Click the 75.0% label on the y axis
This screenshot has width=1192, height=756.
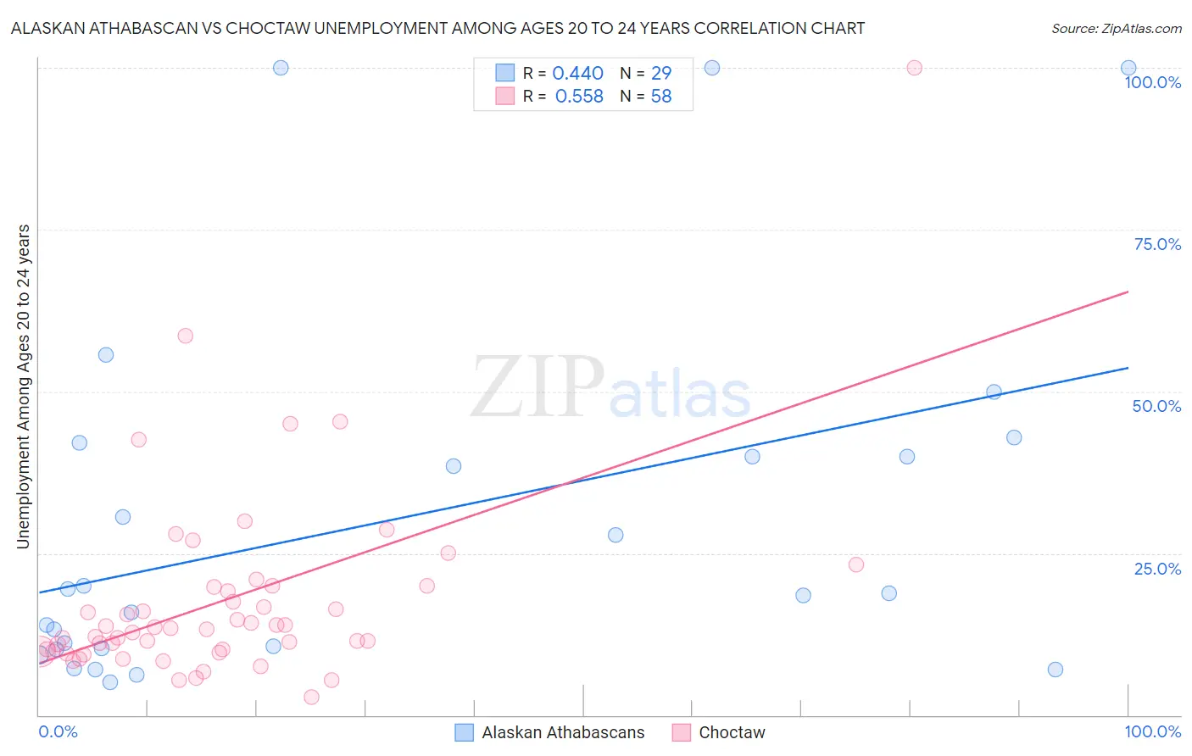1157,244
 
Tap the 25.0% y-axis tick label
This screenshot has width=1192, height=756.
1157,569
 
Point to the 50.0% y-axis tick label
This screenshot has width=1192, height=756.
1156,406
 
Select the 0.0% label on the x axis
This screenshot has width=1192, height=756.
58,731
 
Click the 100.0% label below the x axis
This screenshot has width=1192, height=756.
1152,731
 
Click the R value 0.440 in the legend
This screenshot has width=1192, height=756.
577,74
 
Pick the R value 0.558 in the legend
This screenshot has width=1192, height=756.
579,97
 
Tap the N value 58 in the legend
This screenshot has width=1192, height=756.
661,97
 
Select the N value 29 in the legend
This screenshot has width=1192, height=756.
661,74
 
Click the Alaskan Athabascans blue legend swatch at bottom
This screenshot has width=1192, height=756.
464,732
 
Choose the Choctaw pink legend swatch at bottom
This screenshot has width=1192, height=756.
681,732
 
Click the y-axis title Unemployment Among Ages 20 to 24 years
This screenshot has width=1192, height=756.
24,386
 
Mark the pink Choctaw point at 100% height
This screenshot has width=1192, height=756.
914,68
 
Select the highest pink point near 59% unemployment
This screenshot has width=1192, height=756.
185,336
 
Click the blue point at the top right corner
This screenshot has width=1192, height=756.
1128,68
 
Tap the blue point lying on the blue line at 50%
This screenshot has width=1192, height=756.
994,392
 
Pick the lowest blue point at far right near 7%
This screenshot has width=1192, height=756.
1055,670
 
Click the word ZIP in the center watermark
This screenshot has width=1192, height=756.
538,388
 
